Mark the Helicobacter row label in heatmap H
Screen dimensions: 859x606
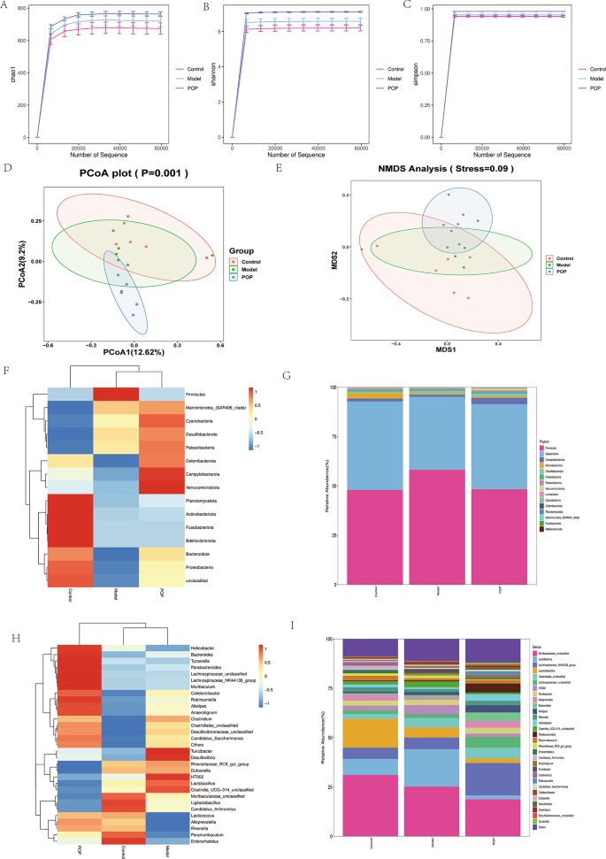(x=203, y=623)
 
